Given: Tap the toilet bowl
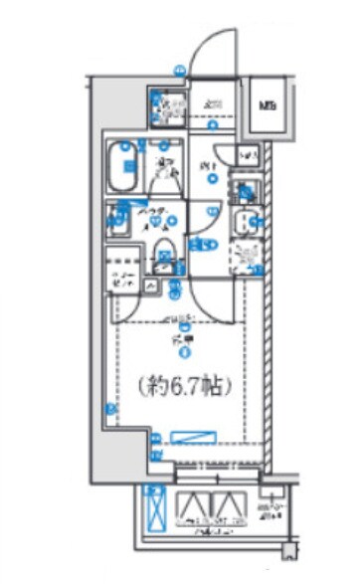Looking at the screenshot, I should click(x=167, y=249).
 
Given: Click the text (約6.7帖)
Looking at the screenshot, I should click(x=183, y=386).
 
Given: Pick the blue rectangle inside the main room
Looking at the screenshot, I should click(x=195, y=436).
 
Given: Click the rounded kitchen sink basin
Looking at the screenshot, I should click(x=245, y=223).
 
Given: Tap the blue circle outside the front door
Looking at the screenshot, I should click(x=180, y=71).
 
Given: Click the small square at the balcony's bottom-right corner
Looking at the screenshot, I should click(x=287, y=550).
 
